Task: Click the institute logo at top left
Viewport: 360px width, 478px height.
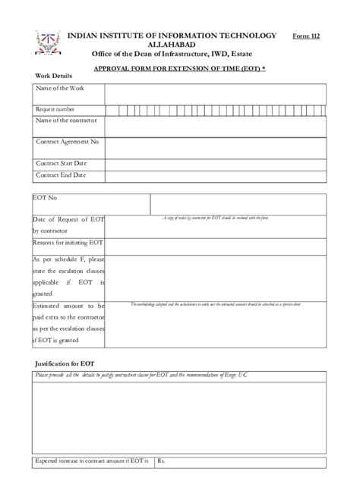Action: pyautogui.click(x=47, y=45)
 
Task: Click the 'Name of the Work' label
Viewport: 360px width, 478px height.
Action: pyautogui.click(x=60, y=89)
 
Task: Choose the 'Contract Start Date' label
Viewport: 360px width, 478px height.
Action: pyautogui.click(x=62, y=163)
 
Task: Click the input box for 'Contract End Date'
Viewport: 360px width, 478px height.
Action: pyautogui.click(x=216, y=176)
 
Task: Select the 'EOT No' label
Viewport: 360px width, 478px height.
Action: pyautogui.click(x=45, y=198)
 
